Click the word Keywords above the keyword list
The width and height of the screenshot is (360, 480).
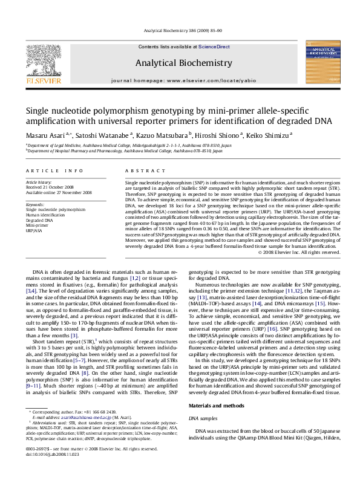pyautogui.click(x=36, y=205)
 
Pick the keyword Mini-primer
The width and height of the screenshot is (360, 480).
pyautogui.click(x=38, y=225)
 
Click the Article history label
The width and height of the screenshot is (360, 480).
pyautogui.click(x=39, y=181)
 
